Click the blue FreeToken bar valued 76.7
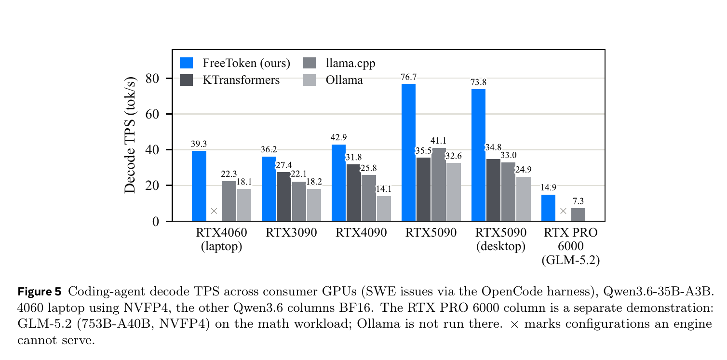click(408, 152)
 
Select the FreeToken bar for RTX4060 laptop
click(199, 186)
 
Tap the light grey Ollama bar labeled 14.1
click(384, 209)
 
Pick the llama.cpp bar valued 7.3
click(578, 215)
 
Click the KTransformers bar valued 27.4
click(283, 197)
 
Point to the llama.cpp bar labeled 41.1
click(439, 185)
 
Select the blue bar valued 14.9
click(548, 208)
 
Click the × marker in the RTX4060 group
click(214, 211)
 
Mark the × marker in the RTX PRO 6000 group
click(563, 211)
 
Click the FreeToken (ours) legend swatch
click(186, 63)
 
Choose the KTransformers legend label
click(241, 80)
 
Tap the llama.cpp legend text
click(350, 63)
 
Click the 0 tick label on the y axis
click(155, 222)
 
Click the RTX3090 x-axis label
click(291, 233)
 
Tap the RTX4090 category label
click(361, 233)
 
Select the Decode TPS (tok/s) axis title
click(130, 135)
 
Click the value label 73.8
click(478, 82)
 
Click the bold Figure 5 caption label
click(39, 292)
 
